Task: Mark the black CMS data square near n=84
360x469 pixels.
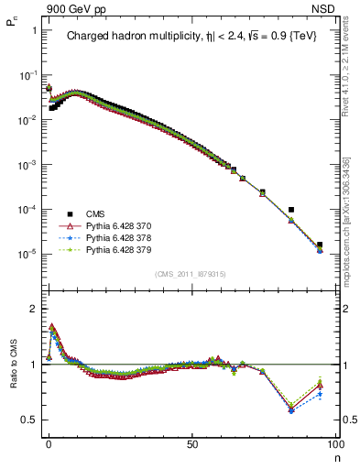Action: (291, 210)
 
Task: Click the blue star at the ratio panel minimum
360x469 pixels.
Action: (291, 410)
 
